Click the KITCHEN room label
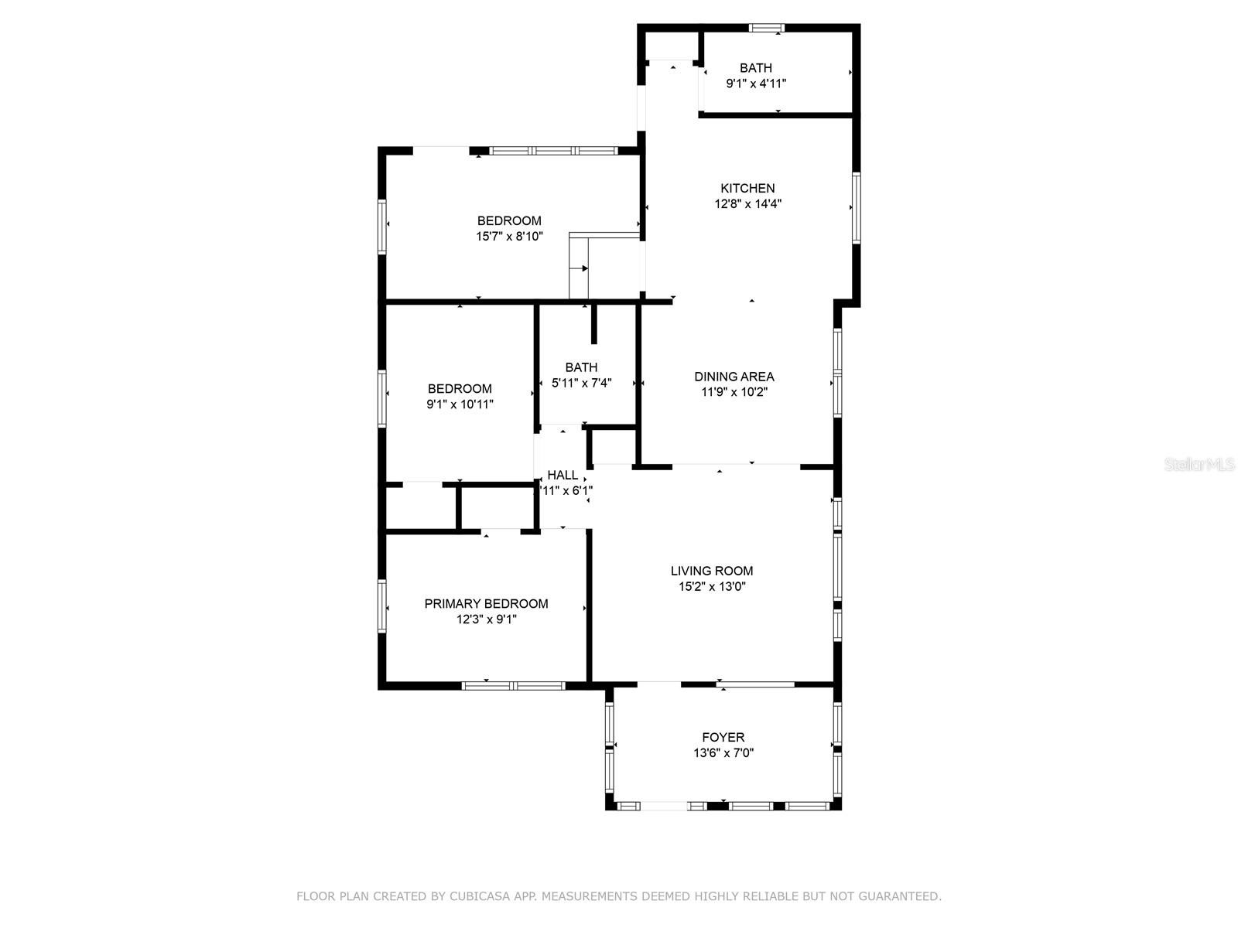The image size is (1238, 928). (x=747, y=188)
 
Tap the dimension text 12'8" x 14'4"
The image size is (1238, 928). (x=747, y=204)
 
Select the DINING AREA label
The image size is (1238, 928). (x=734, y=377)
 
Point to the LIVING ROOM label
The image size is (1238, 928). (x=711, y=571)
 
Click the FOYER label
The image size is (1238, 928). (x=723, y=737)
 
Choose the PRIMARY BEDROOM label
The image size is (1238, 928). (x=486, y=603)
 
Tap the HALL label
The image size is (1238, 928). (x=563, y=475)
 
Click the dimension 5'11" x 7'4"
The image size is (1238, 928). (x=581, y=383)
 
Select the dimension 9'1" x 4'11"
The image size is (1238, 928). (x=755, y=84)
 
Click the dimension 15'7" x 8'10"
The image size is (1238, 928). (x=509, y=237)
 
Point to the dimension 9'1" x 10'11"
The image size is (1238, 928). (x=460, y=404)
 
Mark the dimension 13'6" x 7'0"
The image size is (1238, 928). (x=723, y=753)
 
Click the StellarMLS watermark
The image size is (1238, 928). (x=1199, y=465)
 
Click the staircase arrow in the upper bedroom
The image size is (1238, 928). (x=584, y=268)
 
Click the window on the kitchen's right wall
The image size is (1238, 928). (x=857, y=207)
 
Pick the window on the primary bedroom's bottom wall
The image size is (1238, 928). (x=513, y=685)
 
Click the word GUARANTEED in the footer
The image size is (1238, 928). (x=898, y=896)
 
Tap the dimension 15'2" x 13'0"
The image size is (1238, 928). (x=711, y=587)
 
